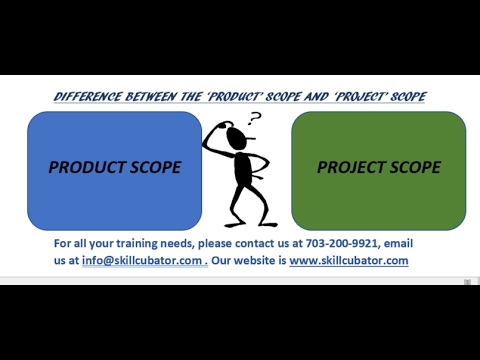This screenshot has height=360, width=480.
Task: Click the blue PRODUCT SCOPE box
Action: click(114, 168)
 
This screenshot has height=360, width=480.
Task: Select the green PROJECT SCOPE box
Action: click(378, 168)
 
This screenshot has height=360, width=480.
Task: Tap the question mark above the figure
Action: click(254, 119)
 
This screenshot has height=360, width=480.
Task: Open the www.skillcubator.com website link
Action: click(349, 260)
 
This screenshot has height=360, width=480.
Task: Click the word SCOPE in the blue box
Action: click(154, 167)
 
